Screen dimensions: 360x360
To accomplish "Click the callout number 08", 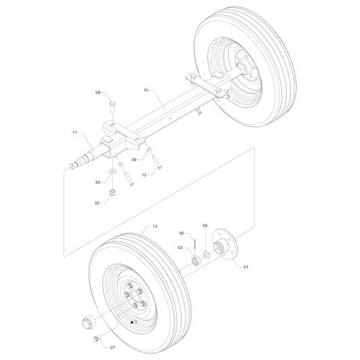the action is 98,92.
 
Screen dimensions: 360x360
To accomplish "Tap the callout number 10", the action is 146,90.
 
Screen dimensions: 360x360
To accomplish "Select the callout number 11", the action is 74,132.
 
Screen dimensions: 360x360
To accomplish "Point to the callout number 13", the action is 155,226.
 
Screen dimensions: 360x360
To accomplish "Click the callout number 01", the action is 246,267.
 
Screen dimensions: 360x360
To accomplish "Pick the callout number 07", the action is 112,347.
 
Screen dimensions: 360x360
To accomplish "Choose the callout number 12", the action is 144,175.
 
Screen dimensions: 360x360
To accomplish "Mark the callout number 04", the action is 205,225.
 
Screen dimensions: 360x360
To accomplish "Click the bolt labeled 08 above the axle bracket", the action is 112,107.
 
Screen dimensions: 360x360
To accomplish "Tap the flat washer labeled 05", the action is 112,171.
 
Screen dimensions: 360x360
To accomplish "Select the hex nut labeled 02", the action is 112,192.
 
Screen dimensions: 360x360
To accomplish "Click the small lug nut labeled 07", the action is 96,339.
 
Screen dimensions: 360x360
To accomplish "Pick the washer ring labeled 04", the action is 206,254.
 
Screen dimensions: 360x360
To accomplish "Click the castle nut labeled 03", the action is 196,261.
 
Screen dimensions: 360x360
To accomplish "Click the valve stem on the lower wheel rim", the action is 132,323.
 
